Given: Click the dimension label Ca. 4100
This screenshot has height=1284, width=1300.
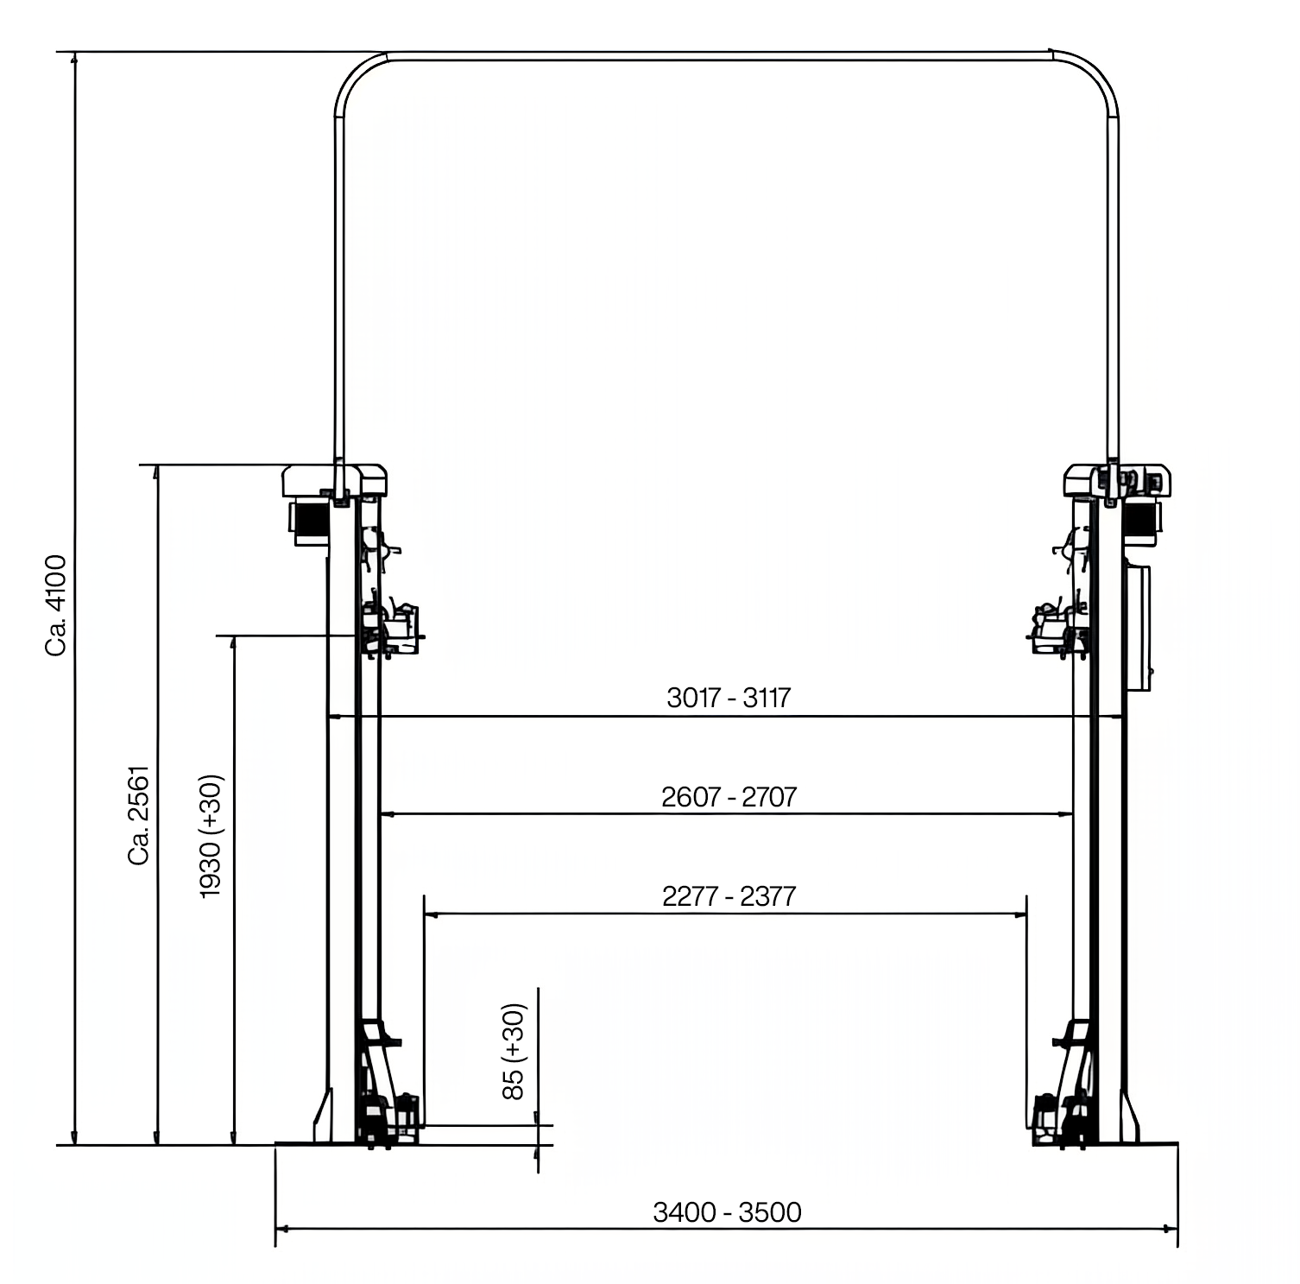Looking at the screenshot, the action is pyautogui.click(x=56, y=605).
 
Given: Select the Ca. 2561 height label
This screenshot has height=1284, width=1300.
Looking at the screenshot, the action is pyautogui.click(x=139, y=814).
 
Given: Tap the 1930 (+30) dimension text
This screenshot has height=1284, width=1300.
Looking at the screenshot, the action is pyautogui.click(x=211, y=836).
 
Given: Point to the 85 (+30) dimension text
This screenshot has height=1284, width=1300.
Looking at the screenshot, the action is pyautogui.click(x=514, y=1051).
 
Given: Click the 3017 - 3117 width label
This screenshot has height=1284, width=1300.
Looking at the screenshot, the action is pyautogui.click(x=729, y=697).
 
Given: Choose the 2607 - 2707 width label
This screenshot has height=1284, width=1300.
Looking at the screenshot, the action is pyautogui.click(x=729, y=796).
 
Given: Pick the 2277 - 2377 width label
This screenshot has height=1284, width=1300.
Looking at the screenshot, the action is pyautogui.click(x=729, y=896).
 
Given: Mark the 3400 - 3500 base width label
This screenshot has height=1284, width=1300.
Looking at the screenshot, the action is pyautogui.click(x=727, y=1212).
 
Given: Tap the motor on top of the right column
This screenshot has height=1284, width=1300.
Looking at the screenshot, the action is pyautogui.click(x=1141, y=521).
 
